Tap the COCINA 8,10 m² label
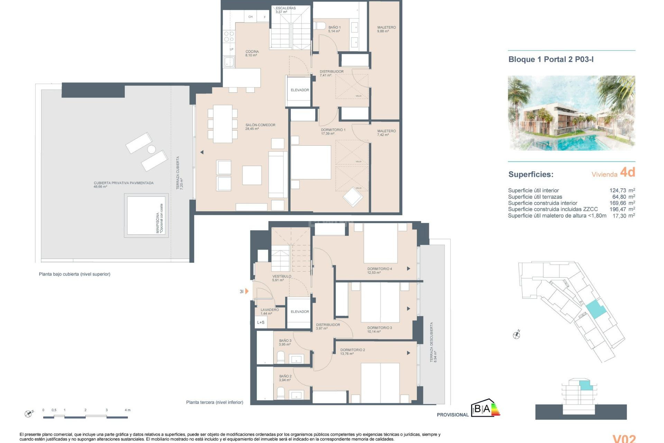point(252,53)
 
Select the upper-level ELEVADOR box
point(299,90)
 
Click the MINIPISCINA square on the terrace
point(146,215)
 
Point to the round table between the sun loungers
point(151,149)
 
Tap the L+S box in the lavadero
point(261,322)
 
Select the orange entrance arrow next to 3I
point(247,291)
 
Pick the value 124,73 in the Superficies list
point(618,190)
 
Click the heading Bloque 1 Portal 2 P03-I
point(551,59)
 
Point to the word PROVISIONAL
point(452,415)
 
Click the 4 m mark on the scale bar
point(127,410)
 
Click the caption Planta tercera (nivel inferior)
point(214,402)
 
